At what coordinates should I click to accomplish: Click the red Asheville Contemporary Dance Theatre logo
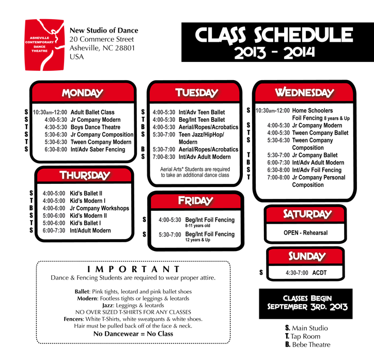[x=44, y=45]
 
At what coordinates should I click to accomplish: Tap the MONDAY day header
[x=83, y=93]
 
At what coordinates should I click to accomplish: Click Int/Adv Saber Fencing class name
[x=98, y=149]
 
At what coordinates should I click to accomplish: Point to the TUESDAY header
[x=197, y=92]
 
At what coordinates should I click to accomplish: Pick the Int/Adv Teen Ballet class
[x=202, y=112]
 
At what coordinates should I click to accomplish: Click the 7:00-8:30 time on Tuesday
[x=164, y=157]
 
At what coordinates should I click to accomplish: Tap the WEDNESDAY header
[x=304, y=92]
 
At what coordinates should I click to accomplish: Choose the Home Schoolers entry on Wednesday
[x=313, y=111]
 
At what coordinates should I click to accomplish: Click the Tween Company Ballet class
[x=320, y=133]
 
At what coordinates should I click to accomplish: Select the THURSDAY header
[x=85, y=175]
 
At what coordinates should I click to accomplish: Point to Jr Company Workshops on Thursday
[x=99, y=208]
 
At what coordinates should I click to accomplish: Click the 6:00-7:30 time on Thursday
[x=54, y=230]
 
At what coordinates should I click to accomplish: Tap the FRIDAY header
[x=196, y=201]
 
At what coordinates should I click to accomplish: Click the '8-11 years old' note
[x=197, y=226]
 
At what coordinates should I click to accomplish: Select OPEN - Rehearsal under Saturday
[x=305, y=233]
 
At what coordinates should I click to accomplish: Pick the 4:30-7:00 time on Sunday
[x=297, y=273]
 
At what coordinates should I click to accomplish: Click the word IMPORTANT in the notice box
[x=133, y=269]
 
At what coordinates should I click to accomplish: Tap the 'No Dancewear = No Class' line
[x=133, y=334]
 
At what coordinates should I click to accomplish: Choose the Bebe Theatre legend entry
[x=308, y=345]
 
